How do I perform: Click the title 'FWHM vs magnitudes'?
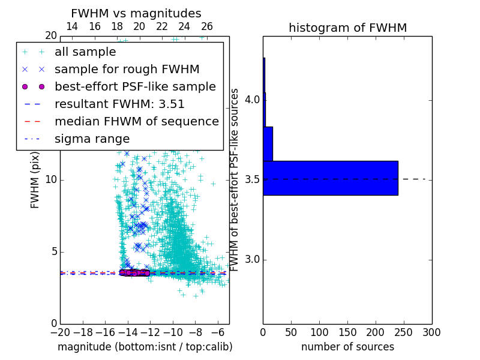pyautogui.click(x=136, y=13)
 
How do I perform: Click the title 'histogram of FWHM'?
pyautogui.click(x=347, y=28)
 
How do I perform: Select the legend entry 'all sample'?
pyautogui.click(x=85, y=52)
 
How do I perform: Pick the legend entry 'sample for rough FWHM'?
pyautogui.click(x=127, y=69)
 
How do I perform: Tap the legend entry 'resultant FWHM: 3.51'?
pyautogui.click(x=119, y=104)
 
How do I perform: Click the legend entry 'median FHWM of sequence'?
pyautogui.click(x=136, y=121)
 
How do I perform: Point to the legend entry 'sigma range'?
pyautogui.click(x=92, y=139)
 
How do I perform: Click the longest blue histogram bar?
pyautogui.click(x=330, y=178)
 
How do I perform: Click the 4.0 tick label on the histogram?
pyautogui.click(x=251, y=99)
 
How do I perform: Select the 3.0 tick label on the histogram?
pyautogui.click(x=251, y=259)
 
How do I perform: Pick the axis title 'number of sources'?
pyautogui.click(x=347, y=347)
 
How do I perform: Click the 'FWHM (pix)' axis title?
pyautogui.click(x=35, y=180)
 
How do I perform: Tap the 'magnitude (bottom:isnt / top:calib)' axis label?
pyautogui.click(x=145, y=347)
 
